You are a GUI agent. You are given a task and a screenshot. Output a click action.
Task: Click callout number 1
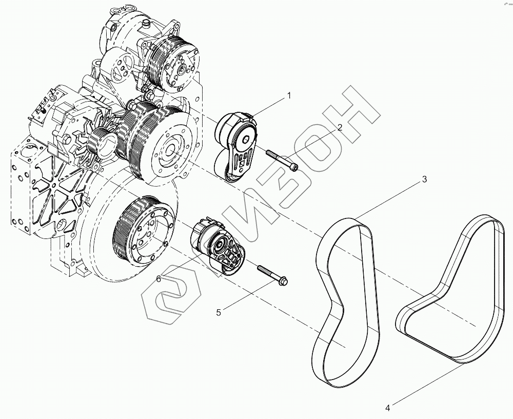[289, 95]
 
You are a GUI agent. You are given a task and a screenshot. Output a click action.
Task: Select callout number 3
[424, 179]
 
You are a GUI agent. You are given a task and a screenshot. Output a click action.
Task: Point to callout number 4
[388, 408]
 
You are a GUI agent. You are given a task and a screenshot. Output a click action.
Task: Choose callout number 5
[219, 312]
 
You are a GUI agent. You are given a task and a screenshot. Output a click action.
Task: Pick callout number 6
[159, 278]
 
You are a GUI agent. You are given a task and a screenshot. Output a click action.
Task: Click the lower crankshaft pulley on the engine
[144, 230]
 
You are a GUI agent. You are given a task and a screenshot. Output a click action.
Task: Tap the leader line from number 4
[426, 385]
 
